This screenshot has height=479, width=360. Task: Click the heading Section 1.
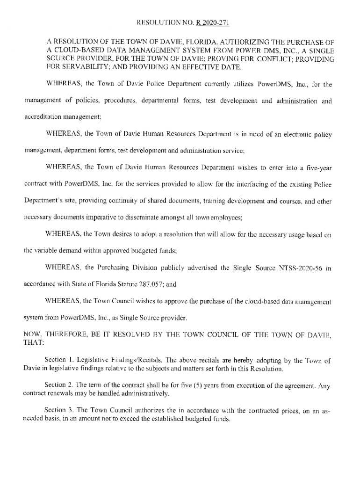(x=57, y=361)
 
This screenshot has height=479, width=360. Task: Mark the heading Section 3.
(x=57, y=410)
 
